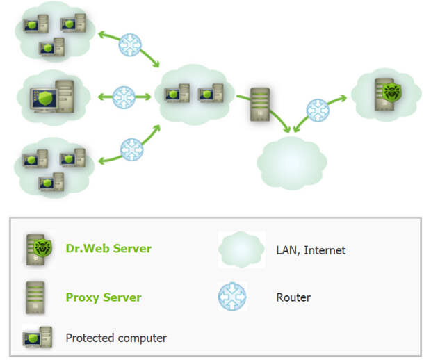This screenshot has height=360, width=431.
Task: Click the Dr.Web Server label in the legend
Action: (108, 248)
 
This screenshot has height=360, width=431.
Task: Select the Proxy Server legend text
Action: (104, 297)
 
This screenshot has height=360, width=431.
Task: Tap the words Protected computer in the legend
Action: (116, 338)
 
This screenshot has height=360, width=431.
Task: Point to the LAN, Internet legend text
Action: (311, 250)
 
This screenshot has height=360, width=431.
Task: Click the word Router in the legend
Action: (293, 297)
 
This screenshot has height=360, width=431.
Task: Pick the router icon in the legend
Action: (232, 297)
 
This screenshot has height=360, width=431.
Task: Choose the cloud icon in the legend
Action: (241, 249)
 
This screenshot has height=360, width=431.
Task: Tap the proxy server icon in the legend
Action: (35, 297)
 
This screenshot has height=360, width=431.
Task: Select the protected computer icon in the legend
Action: (38, 337)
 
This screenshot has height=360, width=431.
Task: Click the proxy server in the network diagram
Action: (260, 104)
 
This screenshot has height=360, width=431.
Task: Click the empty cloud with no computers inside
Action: (292, 163)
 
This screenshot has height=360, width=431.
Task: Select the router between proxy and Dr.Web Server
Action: (318, 111)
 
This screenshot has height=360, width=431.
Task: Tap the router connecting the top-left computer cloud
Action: (130, 44)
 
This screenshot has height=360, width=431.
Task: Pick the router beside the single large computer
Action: (124, 97)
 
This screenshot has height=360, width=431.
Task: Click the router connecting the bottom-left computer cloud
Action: (131, 149)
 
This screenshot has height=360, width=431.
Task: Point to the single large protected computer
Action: (52, 96)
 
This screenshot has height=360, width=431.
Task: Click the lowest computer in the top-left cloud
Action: (52, 47)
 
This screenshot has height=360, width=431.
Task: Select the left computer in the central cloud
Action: (177, 93)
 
